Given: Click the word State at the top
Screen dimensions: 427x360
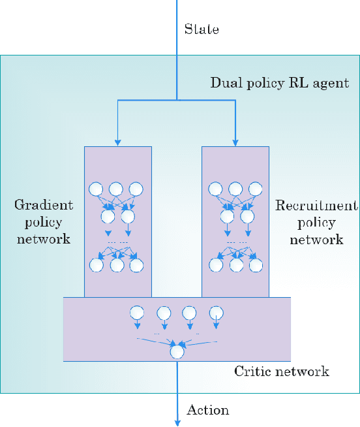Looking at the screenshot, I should (x=201, y=29).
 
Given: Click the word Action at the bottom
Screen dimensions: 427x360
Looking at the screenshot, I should (x=208, y=410).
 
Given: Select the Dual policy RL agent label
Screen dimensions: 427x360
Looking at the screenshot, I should (x=280, y=84).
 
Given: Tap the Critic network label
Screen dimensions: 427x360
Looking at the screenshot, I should (x=282, y=372).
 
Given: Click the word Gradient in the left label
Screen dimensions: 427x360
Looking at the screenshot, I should (x=44, y=205).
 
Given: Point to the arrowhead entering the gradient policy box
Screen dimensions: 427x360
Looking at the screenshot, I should (x=117, y=142).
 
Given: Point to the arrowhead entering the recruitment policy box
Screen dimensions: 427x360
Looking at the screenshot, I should (x=235, y=142).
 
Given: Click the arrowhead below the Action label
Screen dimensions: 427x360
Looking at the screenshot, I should (x=177, y=422).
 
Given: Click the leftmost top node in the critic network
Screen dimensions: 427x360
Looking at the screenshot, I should (x=137, y=312).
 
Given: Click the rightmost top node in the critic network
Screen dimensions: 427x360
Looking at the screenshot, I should (x=216, y=312).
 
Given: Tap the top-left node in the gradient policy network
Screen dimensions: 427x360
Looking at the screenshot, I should (x=97, y=189).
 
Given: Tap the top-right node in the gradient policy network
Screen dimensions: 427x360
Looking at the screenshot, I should (x=136, y=189).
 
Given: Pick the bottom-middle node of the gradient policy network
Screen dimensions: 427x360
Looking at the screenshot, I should (x=117, y=265).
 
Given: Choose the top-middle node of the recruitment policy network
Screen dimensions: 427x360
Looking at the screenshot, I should (x=234, y=189).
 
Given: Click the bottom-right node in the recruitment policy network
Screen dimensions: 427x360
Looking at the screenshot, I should (x=255, y=265).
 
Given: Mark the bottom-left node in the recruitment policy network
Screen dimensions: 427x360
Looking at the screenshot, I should (x=215, y=265).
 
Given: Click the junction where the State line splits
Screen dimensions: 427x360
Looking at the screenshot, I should (x=177, y=100).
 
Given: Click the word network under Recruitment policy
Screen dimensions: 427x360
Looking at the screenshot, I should (x=316, y=240).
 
